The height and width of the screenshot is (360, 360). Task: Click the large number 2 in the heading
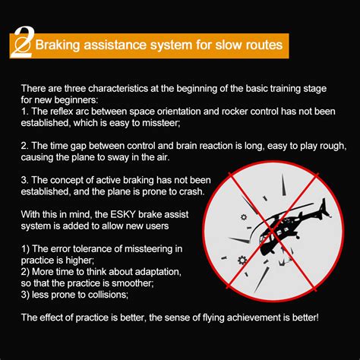pos(22,44)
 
